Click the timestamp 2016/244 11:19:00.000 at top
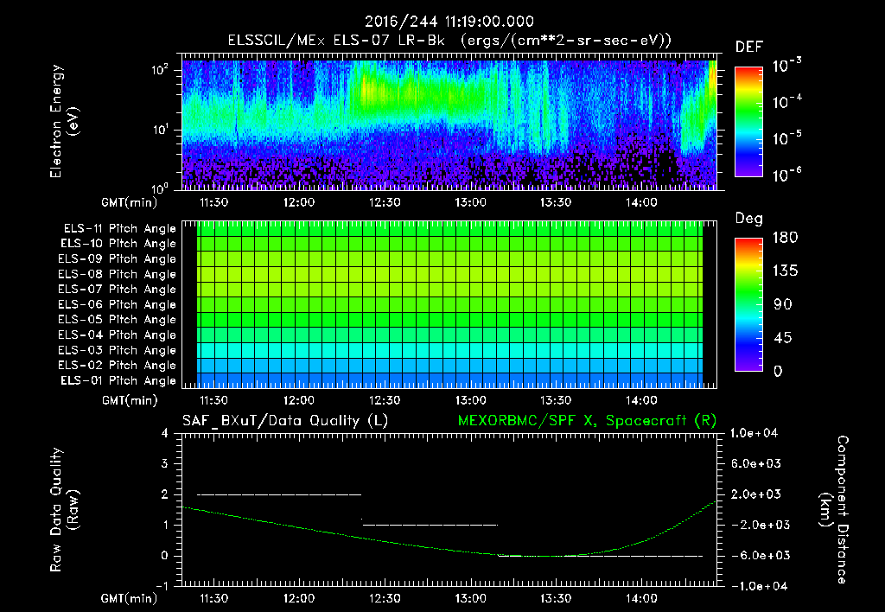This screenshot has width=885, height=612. pos(449,22)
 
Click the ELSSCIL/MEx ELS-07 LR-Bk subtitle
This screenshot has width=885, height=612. pos(336,41)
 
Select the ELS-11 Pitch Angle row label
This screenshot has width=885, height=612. pos(119,229)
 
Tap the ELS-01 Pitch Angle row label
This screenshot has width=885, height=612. pos(118,381)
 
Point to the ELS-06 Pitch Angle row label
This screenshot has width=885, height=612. pos(117,305)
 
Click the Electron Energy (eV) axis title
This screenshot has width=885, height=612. pos(64,121)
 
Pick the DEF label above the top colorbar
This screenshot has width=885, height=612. pos(749,47)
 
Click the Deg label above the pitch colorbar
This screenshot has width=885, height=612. pos(749,219)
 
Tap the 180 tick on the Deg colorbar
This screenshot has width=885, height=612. pos(785,237)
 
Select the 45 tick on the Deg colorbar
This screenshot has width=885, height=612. pos(782,338)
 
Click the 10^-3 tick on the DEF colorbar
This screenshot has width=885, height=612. pos(786,66)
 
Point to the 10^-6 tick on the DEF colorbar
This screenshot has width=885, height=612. pos(786,175)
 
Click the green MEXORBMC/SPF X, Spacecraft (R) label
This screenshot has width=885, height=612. pos(587,421)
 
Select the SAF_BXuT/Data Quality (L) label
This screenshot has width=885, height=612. pos(285,421)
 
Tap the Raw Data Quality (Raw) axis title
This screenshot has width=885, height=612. pos(64,510)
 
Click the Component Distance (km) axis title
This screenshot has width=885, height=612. pos(834,510)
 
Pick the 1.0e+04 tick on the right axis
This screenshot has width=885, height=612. pos(754,433)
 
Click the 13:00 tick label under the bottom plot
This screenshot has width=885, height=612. pos(470,598)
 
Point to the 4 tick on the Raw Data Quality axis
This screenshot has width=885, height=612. pos(165,433)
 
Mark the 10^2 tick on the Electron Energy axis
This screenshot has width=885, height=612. pos(160,70)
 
